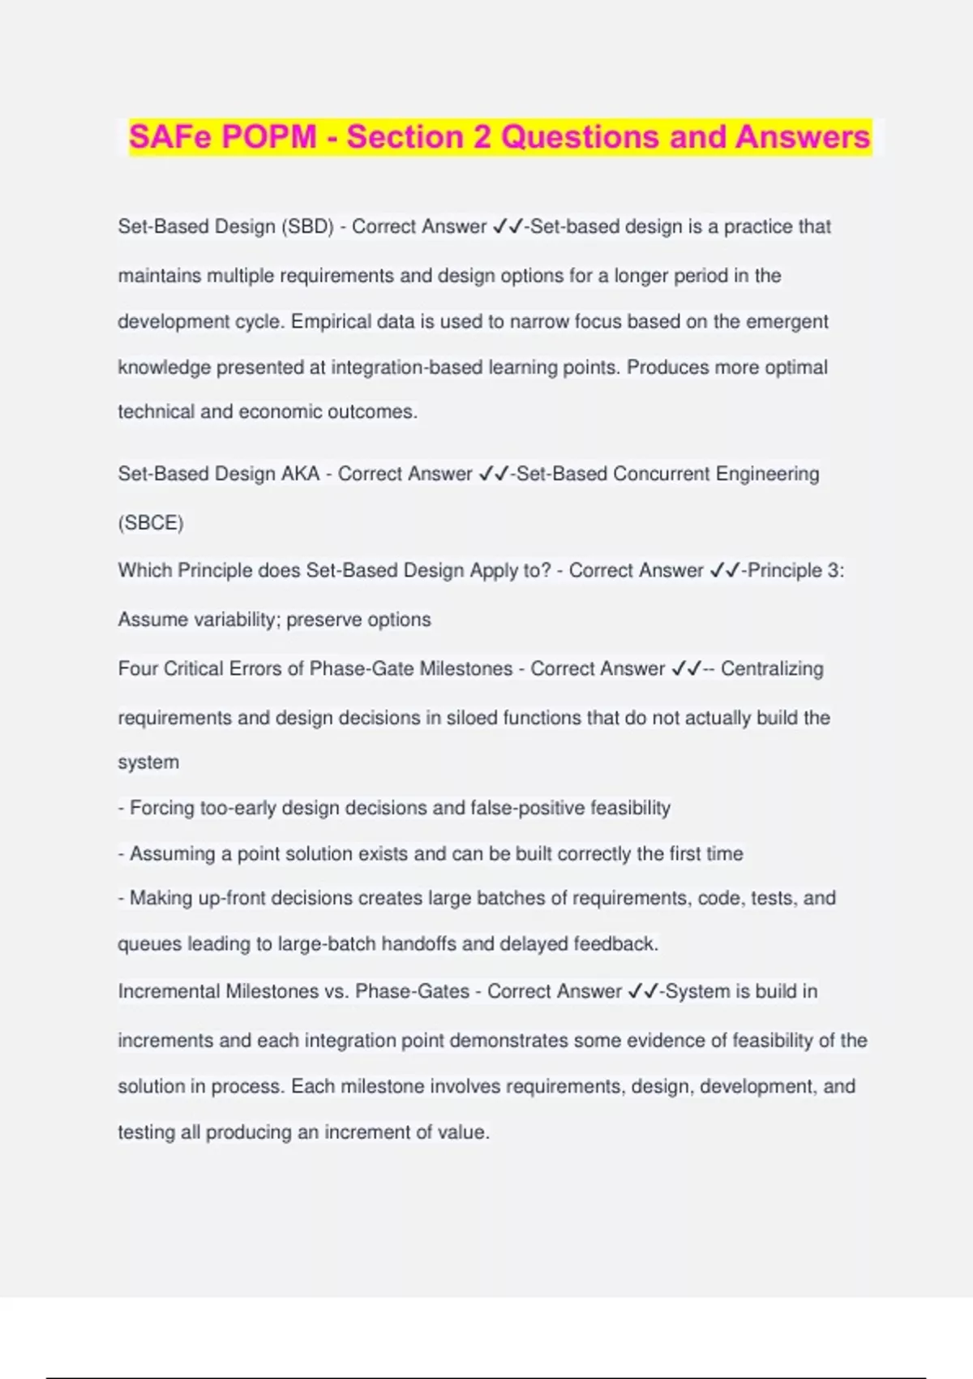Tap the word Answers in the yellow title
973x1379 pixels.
(x=803, y=136)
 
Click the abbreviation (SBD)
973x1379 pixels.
(x=307, y=226)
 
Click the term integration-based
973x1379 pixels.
(x=407, y=367)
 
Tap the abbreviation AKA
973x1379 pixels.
(x=300, y=474)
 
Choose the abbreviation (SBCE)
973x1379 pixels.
(x=151, y=522)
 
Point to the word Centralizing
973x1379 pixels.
(x=772, y=668)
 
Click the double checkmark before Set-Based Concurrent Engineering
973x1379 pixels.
(x=493, y=474)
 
